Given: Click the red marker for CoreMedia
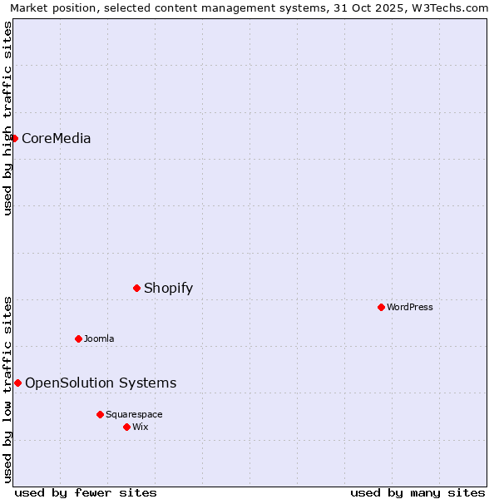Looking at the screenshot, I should (x=15, y=138).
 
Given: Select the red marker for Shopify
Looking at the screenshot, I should (x=137, y=288).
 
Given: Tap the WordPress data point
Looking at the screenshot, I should (x=382, y=307).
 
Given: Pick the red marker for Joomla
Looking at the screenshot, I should (x=79, y=338).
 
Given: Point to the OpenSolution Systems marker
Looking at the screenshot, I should (x=17, y=383).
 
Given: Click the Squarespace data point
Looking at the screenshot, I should (x=100, y=414).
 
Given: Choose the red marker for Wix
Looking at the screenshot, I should (x=126, y=427).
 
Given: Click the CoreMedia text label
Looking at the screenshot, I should (x=57, y=139).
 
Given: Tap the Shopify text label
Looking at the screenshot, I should (x=168, y=289).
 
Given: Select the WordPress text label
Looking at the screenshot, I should (x=410, y=307).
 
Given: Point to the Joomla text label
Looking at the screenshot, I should (x=99, y=338).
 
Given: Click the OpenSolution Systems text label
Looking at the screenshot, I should (x=101, y=383).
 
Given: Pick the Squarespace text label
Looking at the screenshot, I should (x=134, y=414).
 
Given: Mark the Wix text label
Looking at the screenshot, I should (x=141, y=427).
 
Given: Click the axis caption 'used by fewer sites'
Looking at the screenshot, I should (x=86, y=492).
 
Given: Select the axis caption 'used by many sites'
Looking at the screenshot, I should (x=417, y=492).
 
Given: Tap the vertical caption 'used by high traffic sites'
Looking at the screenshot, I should (x=7, y=118).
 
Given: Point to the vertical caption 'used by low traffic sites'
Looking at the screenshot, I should (x=7, y=388).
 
